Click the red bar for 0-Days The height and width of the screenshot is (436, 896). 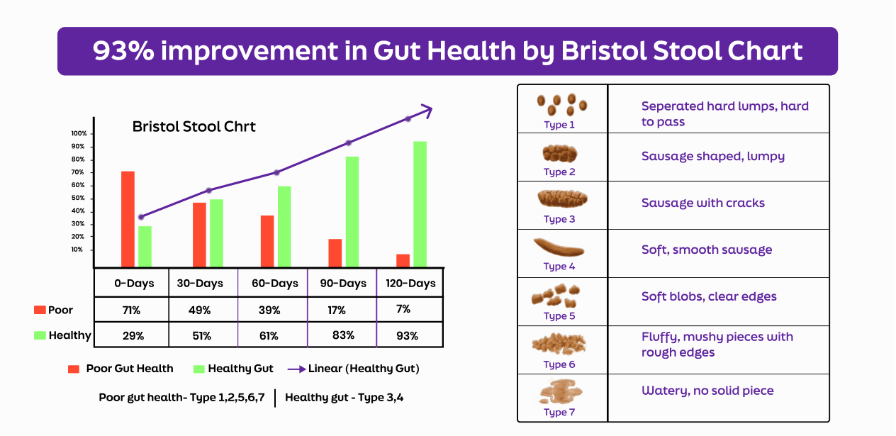pyautogui.click(x=128, y=219)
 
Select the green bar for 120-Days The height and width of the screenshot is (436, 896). pyautogui.click(x=420, y=204)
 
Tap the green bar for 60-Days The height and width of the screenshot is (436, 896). pyautogui.click(x=284, y=227)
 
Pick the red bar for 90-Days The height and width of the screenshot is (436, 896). pyautogui.click(x=335, y=253)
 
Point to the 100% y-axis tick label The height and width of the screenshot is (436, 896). pyautogui.click(x=79, y=133)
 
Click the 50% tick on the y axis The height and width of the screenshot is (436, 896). pyautogui.click(x=92, y=199)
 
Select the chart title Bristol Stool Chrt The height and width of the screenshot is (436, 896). pyautogui.click(x=194, y=126)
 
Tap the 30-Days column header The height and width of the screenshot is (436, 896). pyautogui.click(x=200, y=283)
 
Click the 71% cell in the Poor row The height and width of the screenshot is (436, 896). pyautogui.click(x=131, y=310)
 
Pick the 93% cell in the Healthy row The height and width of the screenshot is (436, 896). pyautogui.click(x=407, y=335)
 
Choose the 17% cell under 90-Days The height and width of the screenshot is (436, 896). pyautogui.click(x=337, y=310)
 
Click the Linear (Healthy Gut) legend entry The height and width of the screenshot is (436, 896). pyautogui.click(x=354, y=369)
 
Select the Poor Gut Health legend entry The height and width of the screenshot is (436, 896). pyautogui.click(x=121, y=369)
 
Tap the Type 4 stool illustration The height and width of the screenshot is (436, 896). pyautogui.click(x=559, y=247)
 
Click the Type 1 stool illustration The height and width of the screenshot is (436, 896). pyautogui.click(x=561, y=105)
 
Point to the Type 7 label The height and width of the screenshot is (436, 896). pyautogui.click(x=559, y=412)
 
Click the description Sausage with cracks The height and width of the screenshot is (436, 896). pyautogui.click(x=702, y=203)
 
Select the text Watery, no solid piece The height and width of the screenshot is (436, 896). pyautogui.click(x=707, y=391)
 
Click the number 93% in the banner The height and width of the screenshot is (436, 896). pyautogui.click(x=123, y=51)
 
